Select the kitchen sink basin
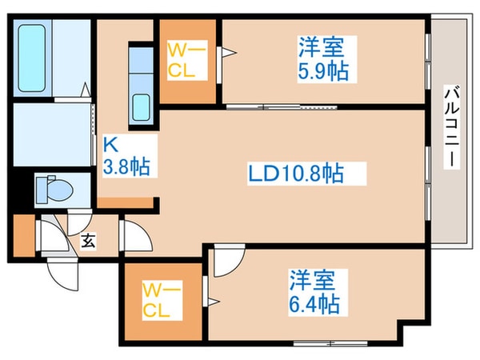click(142, 105)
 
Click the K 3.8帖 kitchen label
click(126, 157)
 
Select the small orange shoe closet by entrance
click(23, 234)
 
